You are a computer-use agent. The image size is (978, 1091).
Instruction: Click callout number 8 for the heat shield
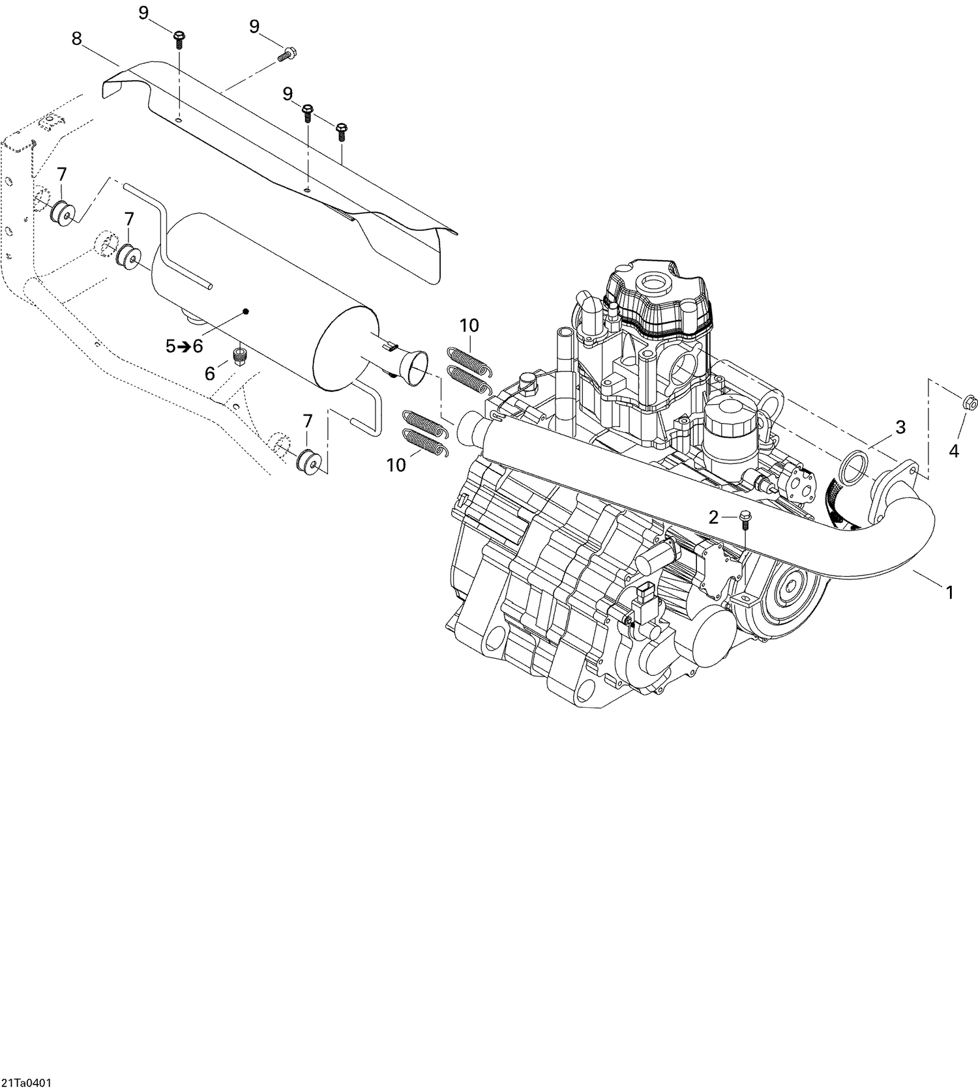[77, 39]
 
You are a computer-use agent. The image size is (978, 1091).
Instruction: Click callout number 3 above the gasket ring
[900, 428]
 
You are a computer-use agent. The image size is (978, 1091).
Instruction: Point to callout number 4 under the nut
[953, 451]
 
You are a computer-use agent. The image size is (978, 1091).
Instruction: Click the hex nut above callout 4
[969, 402]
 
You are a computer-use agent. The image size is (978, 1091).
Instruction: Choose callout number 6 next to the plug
[210, 373]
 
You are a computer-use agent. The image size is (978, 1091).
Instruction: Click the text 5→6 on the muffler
[185, 347]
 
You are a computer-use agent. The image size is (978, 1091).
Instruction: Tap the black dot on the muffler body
[246, 312]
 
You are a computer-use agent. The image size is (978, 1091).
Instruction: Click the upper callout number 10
[469, 325]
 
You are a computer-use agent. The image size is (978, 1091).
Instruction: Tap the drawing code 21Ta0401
[27, 1083]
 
